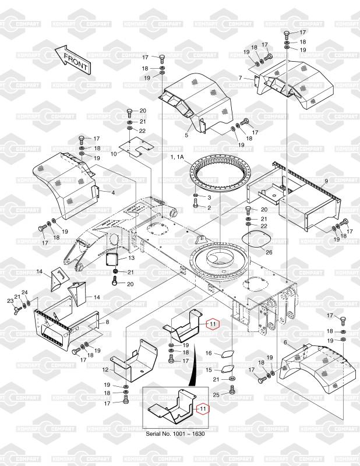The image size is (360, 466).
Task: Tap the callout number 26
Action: pos(269,252)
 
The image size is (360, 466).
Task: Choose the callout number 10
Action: pos(114,154)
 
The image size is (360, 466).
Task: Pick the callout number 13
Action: pos(131,257)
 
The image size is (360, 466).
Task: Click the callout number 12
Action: pos(105,370)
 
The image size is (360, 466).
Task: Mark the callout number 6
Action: pos(285,343)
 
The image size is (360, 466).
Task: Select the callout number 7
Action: pos(240,77)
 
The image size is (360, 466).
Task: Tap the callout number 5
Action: pos(187,135)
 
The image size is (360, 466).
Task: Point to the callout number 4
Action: pos(113,192)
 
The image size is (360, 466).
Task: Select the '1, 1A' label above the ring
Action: pos(178,158)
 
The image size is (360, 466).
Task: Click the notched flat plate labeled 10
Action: pos(137,149)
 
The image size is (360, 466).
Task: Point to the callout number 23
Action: pos(10,301)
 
